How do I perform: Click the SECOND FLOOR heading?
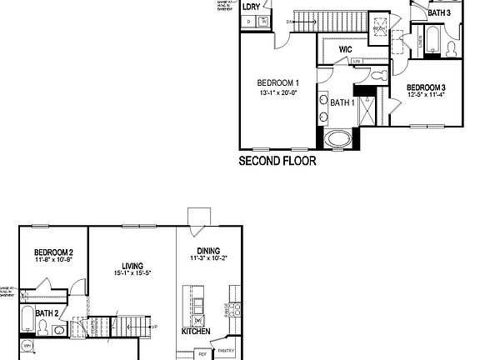(277, 161)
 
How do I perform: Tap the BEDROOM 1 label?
(278, 82)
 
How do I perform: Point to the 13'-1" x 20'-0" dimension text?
(278, 92)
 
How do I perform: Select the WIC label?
(346, 50)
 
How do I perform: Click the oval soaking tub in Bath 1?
(338, 138)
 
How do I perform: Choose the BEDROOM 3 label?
(426, 87)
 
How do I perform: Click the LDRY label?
(251, 7)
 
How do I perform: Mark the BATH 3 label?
(439, 13)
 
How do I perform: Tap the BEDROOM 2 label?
(54, 252)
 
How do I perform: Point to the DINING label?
(208, 250)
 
